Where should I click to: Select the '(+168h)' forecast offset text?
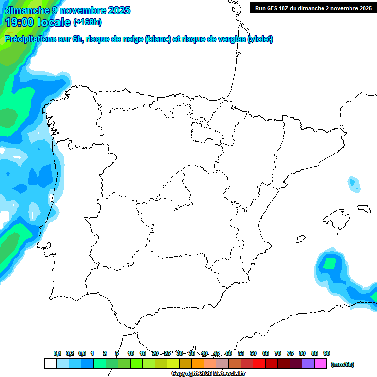coord(87,22)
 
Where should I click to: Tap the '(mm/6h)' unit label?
coord(342,364)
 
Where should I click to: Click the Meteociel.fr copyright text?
coord(209,374)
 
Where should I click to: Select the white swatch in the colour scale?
coord(50,364)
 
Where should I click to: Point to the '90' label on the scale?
coord(327,354)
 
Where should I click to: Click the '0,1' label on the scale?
coord(57,354)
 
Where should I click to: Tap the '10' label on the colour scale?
coord(131,354)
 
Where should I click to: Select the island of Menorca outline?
coord(364,208)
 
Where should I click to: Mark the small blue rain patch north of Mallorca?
coord(352,183)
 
